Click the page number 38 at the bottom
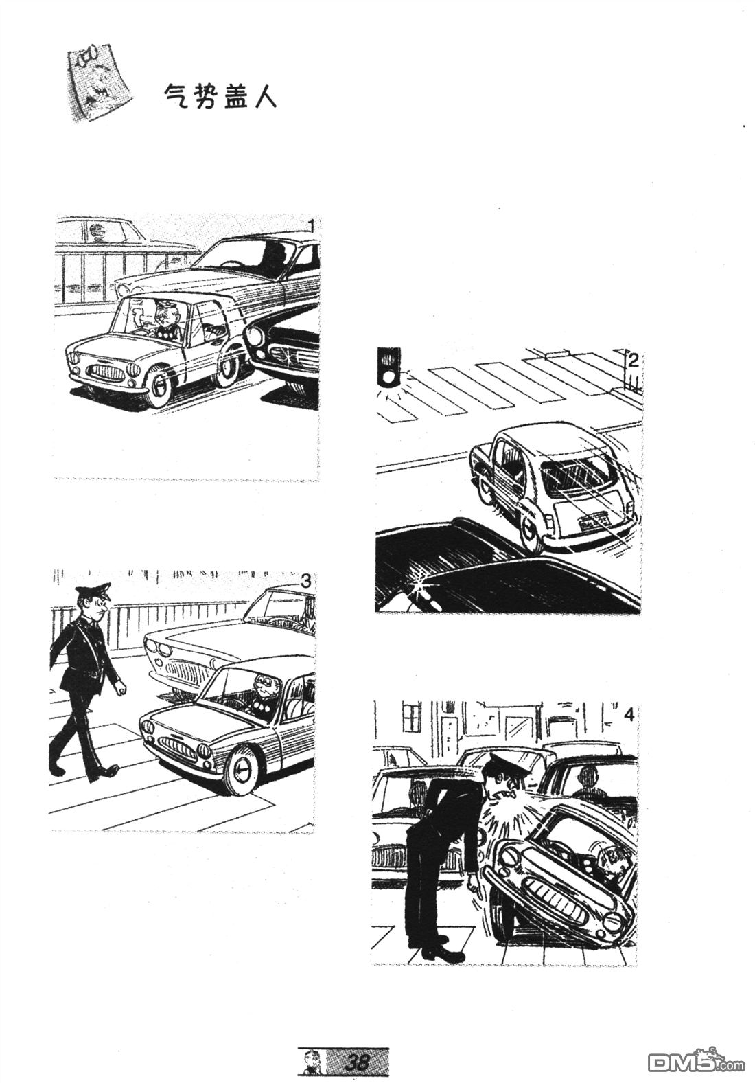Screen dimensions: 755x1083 coord(357,1062)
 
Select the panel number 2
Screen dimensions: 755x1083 coord(634,360)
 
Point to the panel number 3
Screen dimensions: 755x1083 coord(305,582)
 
